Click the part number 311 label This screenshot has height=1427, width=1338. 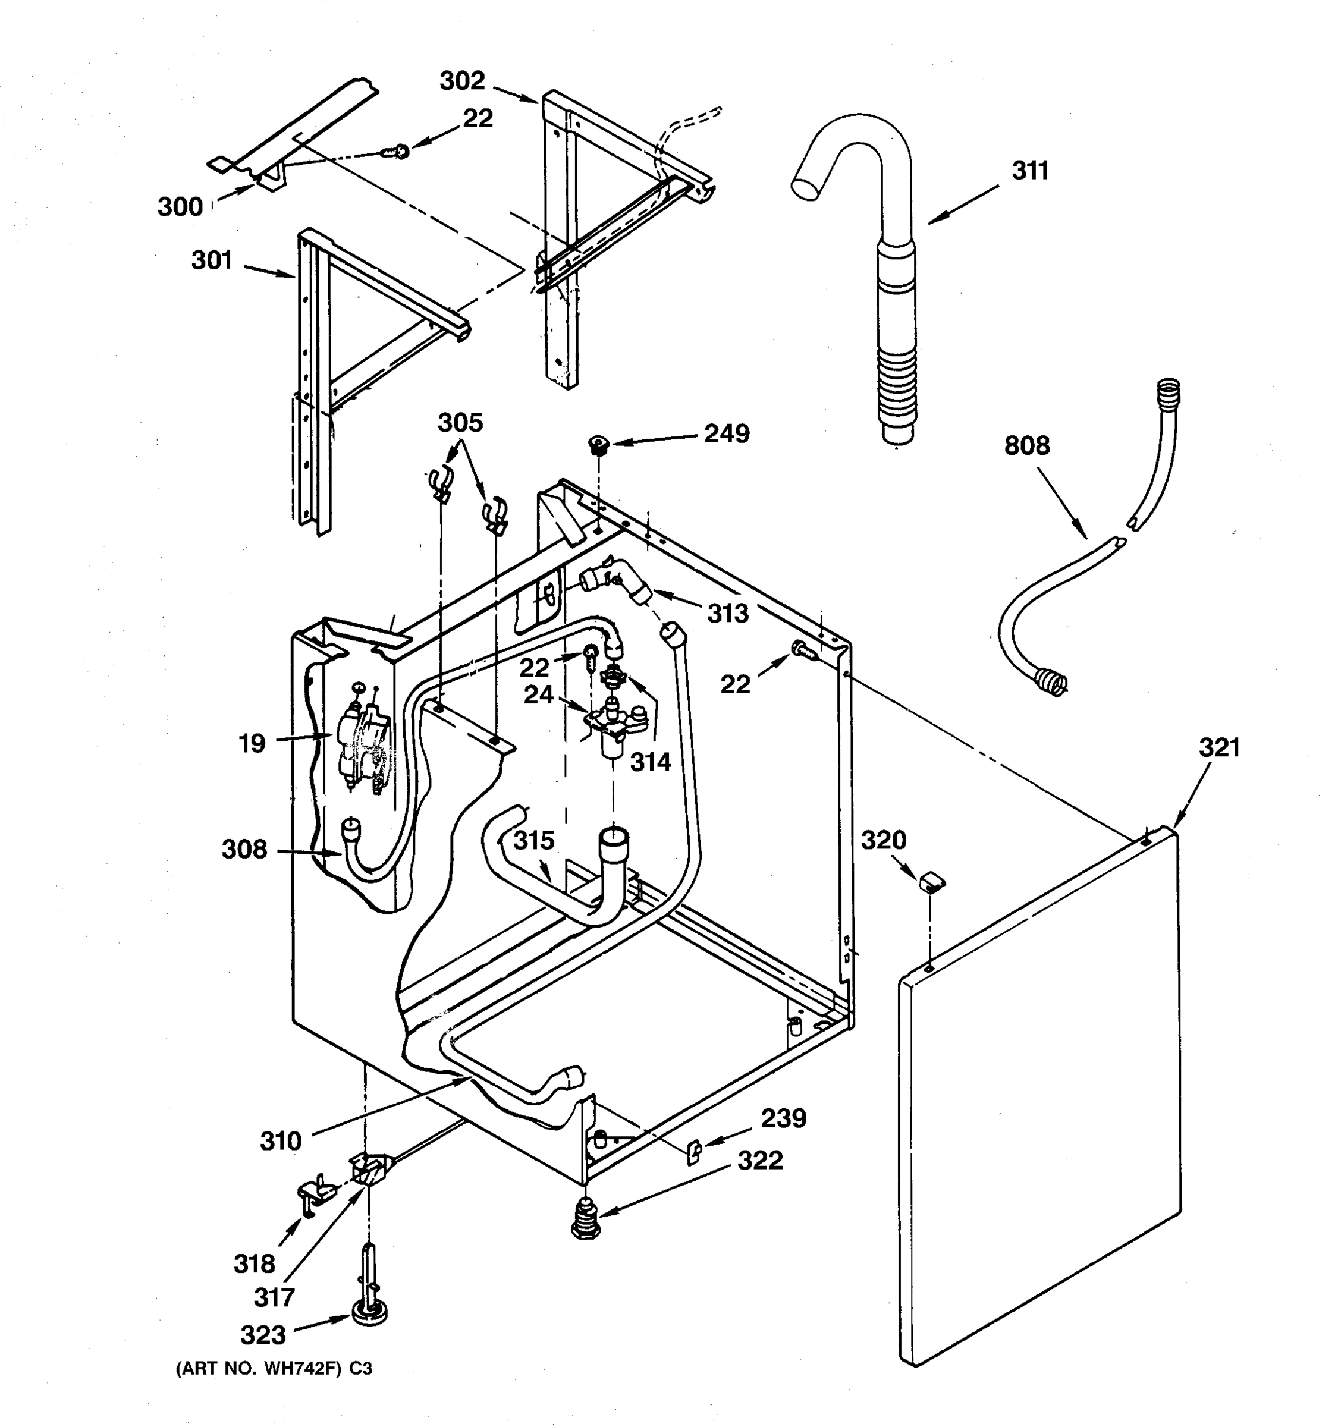[x=1030, y=171]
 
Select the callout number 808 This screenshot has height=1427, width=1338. [x=1026, y=446]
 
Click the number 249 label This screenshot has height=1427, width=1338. [x=727, y=433]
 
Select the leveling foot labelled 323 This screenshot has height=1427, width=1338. [x=370, y=1313]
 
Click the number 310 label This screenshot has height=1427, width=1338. [x=280, y=1140]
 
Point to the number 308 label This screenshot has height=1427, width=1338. [x=244, y=850]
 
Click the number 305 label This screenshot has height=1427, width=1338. [x=460, y=423]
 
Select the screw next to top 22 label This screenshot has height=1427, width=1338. [x=395, y=152]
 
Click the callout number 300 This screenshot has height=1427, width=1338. [x=180, y=207]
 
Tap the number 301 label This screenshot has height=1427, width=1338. [x=212, y=260]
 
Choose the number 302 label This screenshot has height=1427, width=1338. [x=462, y=80]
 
